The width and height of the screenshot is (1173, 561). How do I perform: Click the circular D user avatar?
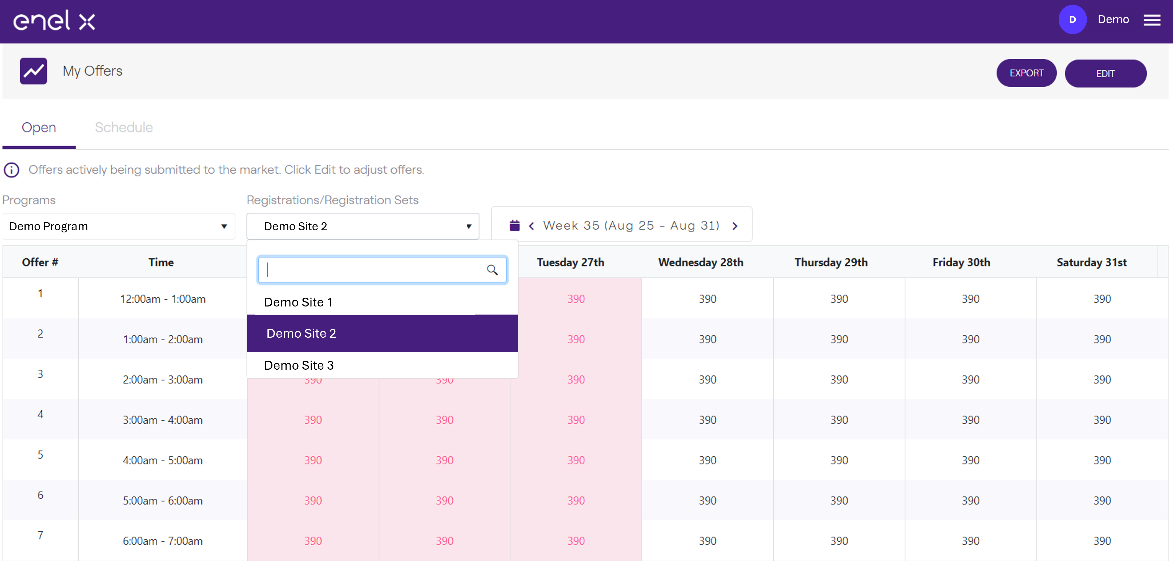1072,19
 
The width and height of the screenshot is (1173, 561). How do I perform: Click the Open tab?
39,127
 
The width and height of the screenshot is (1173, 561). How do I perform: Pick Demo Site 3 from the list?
299,365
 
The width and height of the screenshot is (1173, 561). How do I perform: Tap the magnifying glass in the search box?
492,270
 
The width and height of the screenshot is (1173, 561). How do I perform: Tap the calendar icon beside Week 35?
515,225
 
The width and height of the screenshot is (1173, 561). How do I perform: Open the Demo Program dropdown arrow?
224,226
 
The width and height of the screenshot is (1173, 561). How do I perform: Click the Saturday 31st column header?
1091,262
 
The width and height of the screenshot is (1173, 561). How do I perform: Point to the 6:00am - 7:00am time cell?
163,541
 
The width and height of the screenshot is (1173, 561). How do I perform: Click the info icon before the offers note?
11,170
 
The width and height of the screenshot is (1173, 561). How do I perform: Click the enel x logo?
54,21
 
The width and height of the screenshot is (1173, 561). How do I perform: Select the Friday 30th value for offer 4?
970,420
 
